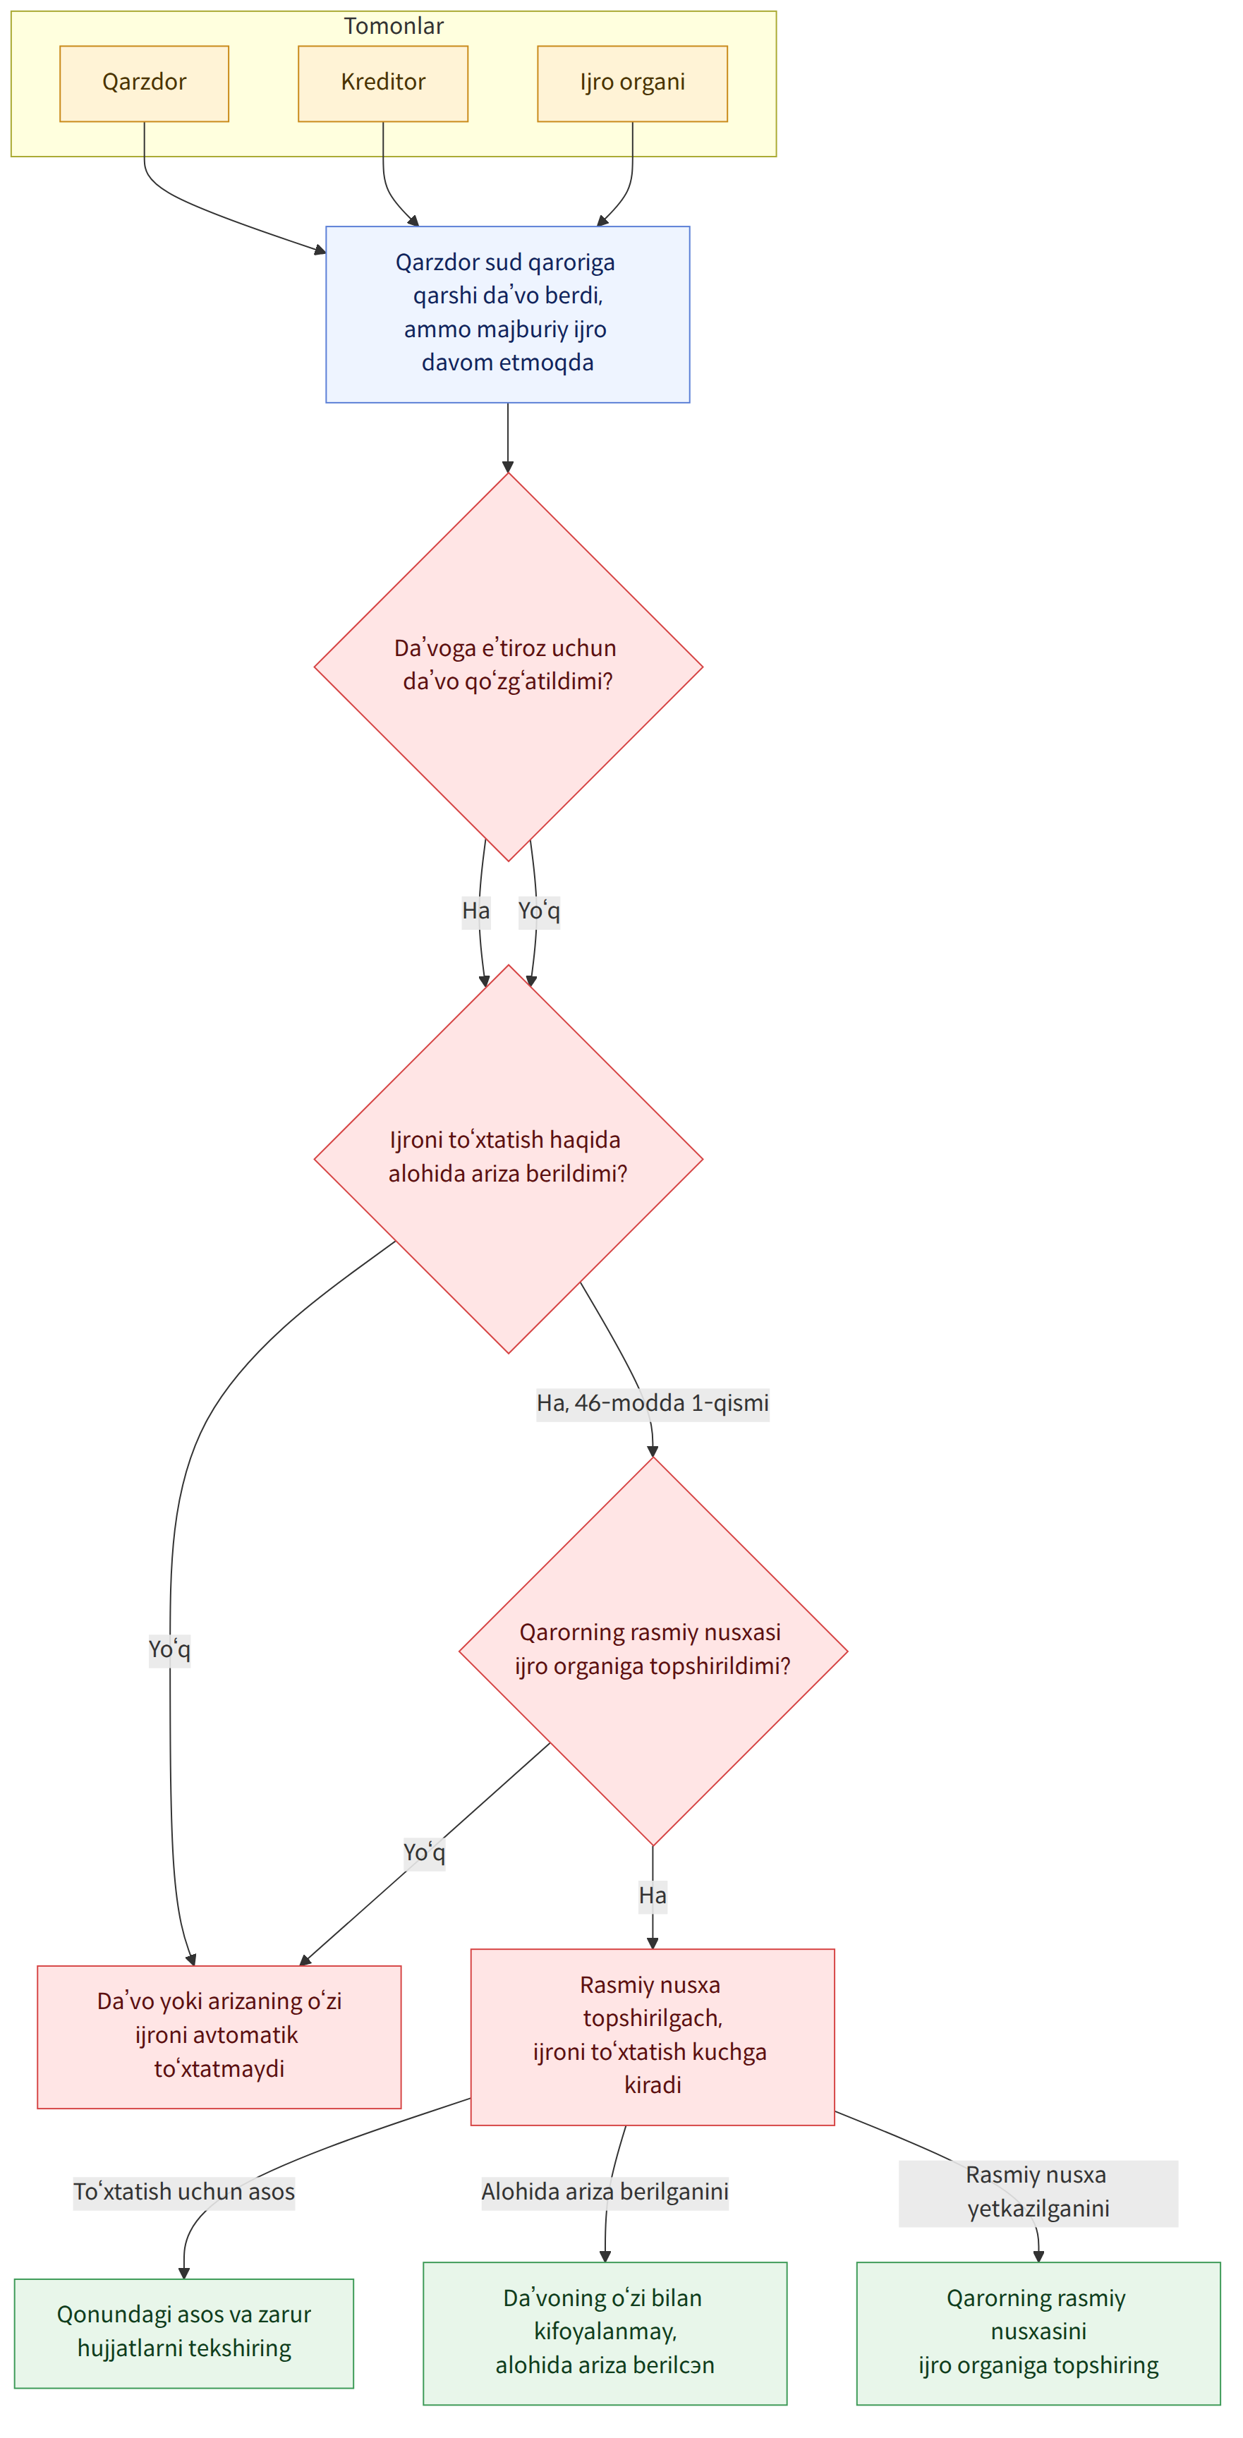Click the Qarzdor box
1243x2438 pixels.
click(x=144, y=83)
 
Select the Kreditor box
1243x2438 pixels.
click(x=382, y=83)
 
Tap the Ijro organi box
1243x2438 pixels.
click(x=632, y=83)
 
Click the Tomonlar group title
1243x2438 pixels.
click(x=394, y=25)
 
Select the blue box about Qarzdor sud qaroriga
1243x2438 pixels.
click(x=507, y=314)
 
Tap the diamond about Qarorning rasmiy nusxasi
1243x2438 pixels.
click(x=653, y=1651)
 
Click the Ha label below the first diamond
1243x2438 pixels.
click(x=476, y=911)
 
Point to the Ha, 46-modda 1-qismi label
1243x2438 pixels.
click(x=653, y=1402)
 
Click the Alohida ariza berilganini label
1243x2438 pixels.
click(x=605, y=2191)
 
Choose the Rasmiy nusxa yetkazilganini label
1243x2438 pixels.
click(x=1038, y=2191)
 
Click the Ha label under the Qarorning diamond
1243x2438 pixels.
click(x=653, y=1895)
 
